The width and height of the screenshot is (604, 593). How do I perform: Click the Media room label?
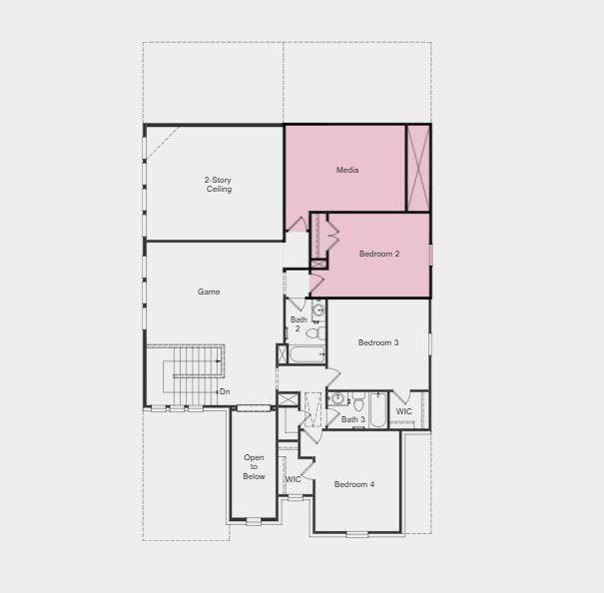[347, 170]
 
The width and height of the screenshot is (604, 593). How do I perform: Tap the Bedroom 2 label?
[379, 254]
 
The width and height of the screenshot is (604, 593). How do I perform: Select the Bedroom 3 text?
[378, 342]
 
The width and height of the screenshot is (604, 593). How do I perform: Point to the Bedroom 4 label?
[354, 484]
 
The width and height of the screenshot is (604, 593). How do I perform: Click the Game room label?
[209, 293]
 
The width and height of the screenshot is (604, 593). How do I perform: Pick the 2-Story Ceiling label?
[219, 185]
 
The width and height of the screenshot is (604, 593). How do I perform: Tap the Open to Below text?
[254, 467]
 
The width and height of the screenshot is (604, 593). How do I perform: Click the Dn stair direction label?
[225, 391]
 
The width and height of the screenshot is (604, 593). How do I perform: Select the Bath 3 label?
[352, 419]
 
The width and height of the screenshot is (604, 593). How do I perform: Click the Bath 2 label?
[299, 324]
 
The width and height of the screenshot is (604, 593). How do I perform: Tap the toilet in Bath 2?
[315, 332]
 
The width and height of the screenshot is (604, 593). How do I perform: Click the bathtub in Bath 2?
[307, 354]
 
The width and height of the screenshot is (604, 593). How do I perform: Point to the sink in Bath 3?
[337, 398]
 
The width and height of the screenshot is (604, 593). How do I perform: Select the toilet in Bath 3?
[358, 401]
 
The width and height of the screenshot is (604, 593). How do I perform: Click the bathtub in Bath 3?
[377, 410]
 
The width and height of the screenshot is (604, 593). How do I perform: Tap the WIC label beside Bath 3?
[403, 411]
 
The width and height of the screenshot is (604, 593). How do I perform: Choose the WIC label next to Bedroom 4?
[293, 480]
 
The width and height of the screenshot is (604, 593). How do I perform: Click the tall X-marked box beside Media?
[418, 168]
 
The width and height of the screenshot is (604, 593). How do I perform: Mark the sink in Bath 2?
[318, 308]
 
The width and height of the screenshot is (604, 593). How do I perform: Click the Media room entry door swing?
[299, 224]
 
